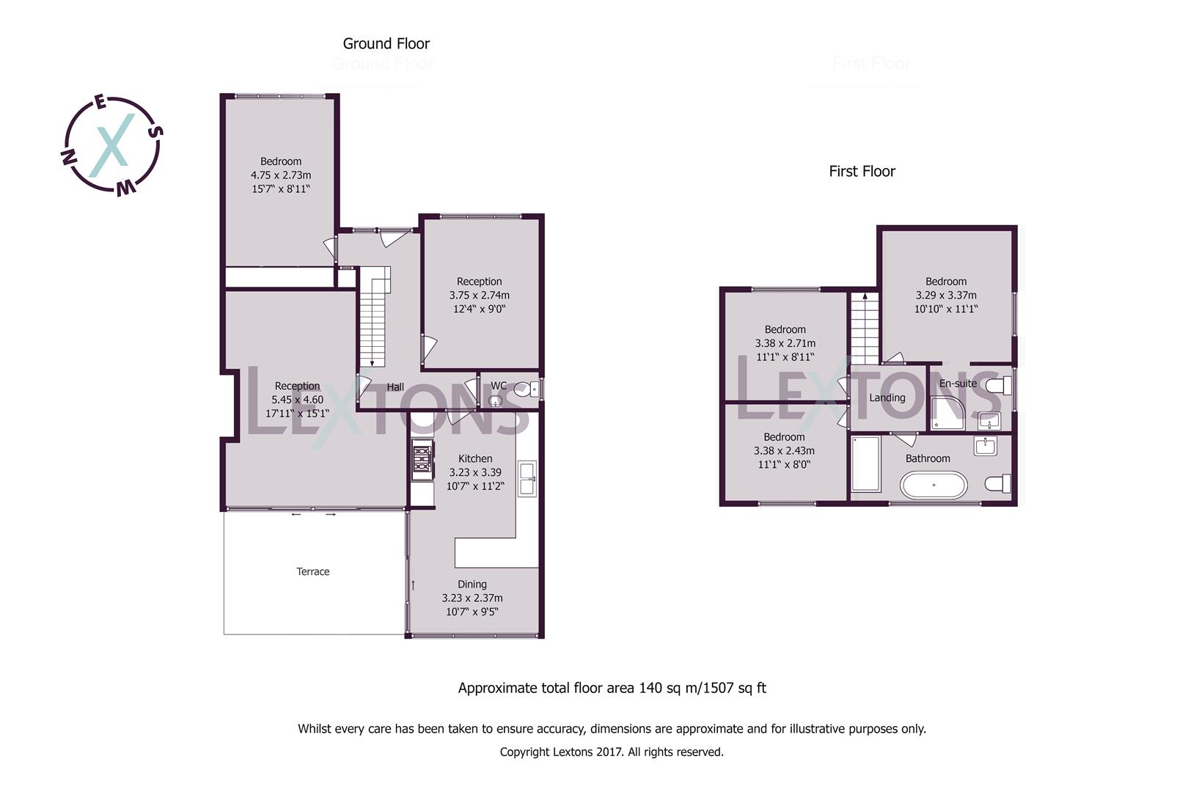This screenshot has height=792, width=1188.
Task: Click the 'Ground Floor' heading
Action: coord(386,44)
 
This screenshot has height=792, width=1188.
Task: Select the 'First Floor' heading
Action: coord(862,172)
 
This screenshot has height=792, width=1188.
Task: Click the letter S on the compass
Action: coord(155,132)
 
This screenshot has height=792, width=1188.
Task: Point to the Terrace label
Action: coord(313,571)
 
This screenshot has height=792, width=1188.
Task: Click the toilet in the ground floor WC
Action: coord(526,389)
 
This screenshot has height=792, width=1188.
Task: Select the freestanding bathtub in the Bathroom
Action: coord(934,485)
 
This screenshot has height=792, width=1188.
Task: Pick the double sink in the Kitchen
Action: coord(527,478)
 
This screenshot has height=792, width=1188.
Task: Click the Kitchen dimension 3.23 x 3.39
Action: coord(475,472)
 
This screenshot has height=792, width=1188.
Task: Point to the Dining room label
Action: coord(472,584)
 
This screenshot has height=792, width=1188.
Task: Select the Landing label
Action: coord(887,397)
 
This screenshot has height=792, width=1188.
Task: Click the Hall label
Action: coord(395,387)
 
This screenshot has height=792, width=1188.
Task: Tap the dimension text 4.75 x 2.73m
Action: coord(281,175)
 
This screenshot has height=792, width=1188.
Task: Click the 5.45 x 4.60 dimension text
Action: coord(297,400)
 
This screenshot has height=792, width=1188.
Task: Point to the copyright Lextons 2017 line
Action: coord(612,752)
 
